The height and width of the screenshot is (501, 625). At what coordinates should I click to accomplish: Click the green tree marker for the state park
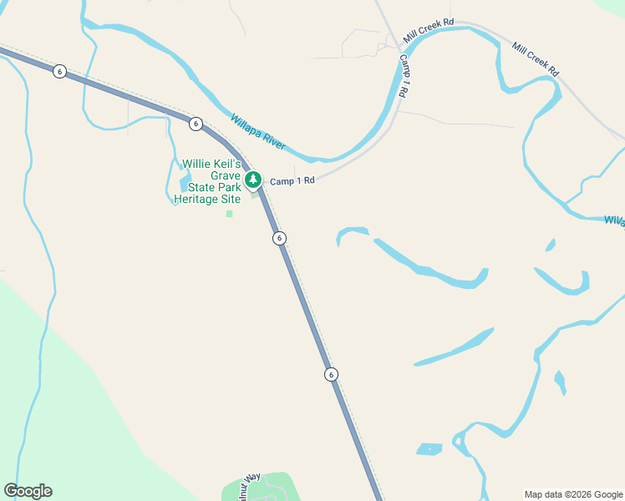tap(253, 180)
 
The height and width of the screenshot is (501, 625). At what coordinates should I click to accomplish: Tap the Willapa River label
tap(258, 133)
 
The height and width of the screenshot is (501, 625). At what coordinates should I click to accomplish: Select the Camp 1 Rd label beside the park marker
tap(292, 180)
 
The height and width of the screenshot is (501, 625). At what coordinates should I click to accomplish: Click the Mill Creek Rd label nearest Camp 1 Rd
tap(428, 32)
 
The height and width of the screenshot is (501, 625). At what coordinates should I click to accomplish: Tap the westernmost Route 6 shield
tap(58, 71)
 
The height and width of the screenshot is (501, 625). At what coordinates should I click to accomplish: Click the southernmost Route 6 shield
tap(332, 374)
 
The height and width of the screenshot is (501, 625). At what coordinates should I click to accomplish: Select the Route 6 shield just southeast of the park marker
tap(279, 238)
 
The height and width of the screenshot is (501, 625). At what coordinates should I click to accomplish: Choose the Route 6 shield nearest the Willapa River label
tap(196, 124)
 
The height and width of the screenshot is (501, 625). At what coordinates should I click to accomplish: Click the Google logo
tap(28, 491)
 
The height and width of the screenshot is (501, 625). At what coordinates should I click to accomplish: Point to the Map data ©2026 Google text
tap(572, 494)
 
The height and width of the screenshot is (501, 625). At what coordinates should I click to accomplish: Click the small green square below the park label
tap(229, 214)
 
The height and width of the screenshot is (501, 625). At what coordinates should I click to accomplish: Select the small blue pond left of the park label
tap(185, 181)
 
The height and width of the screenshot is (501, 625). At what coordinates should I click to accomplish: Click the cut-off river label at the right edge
tap(614, 220)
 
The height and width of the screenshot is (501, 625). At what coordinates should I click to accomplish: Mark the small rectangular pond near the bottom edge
tap(429, 449)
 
